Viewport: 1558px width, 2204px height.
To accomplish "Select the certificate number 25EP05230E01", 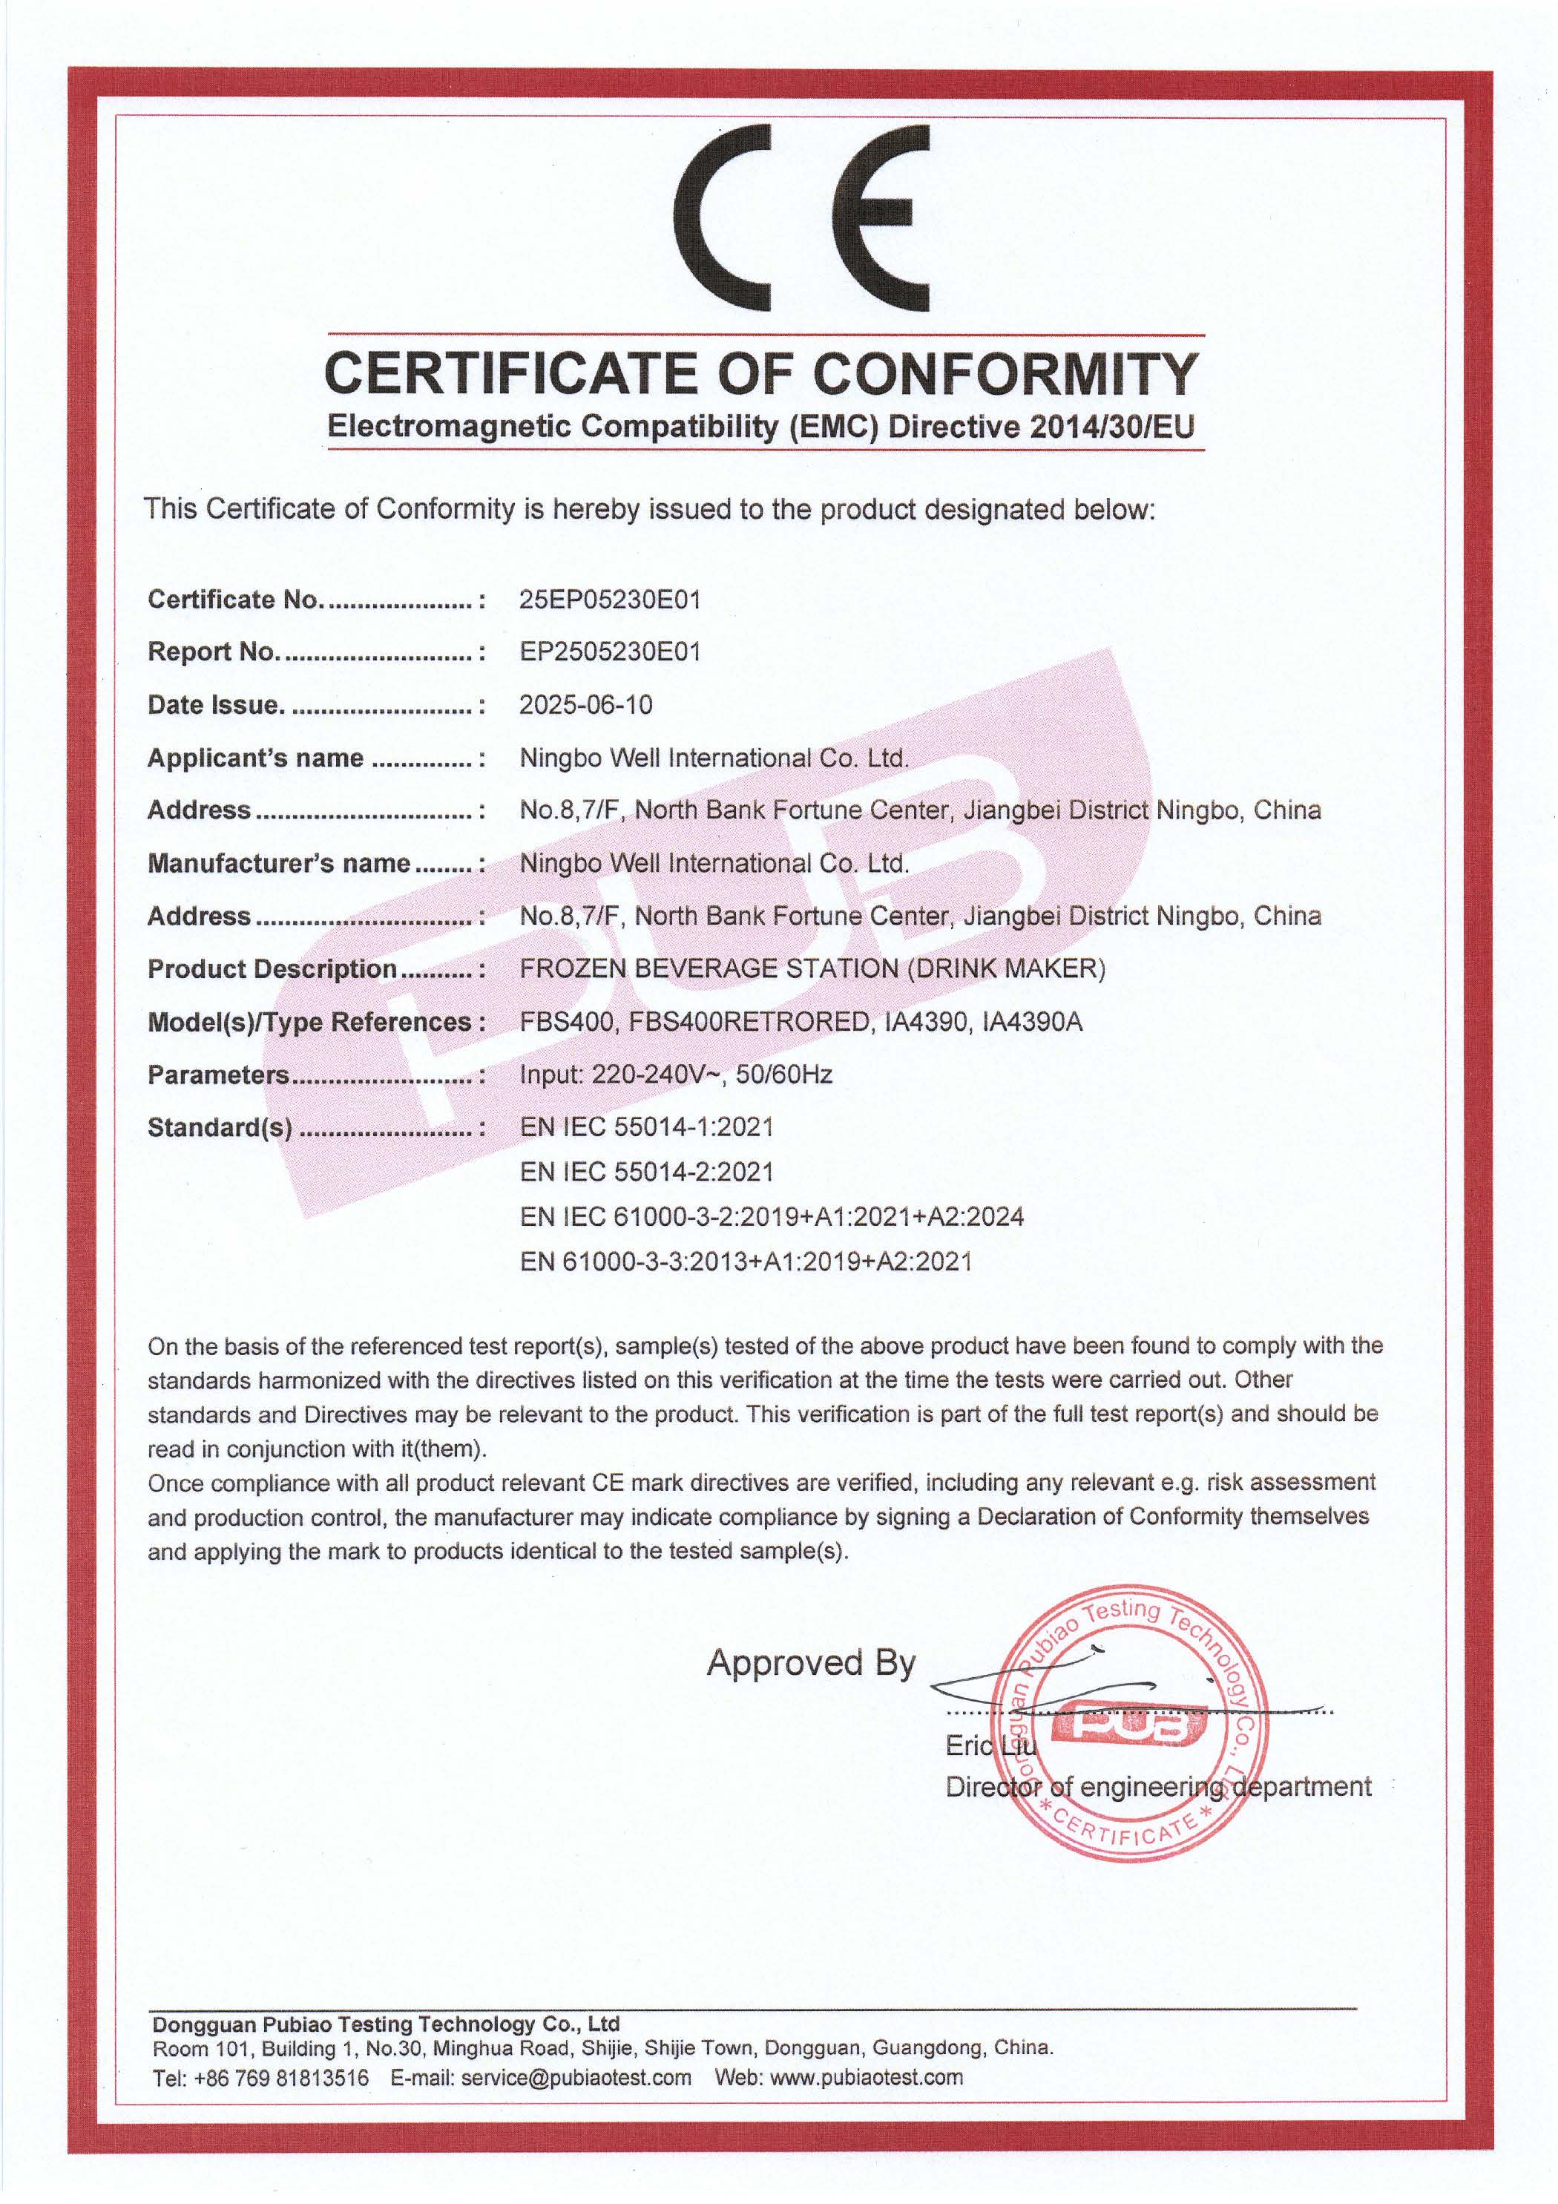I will [x=610, y=600].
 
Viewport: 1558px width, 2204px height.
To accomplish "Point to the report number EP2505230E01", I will [x=610, y=652].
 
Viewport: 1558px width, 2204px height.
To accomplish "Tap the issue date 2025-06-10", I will [x=585, y=704].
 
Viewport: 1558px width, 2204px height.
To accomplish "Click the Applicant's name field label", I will [x=255, y=758].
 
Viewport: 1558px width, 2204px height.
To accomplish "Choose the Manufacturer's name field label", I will [x=278, y=863].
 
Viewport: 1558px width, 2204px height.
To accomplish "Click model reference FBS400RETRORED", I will [x=749, y=1021].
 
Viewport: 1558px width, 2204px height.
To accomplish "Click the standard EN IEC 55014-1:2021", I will [x=646, y=1127].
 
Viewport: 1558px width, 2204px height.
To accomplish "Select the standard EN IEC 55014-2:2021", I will [x=646, y=1171].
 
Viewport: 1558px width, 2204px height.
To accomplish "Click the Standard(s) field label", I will [x=220, y=1128].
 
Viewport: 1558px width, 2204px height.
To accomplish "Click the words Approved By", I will [x=811, y=1662].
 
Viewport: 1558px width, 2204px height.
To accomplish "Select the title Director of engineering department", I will [x=1157, y=1786].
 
